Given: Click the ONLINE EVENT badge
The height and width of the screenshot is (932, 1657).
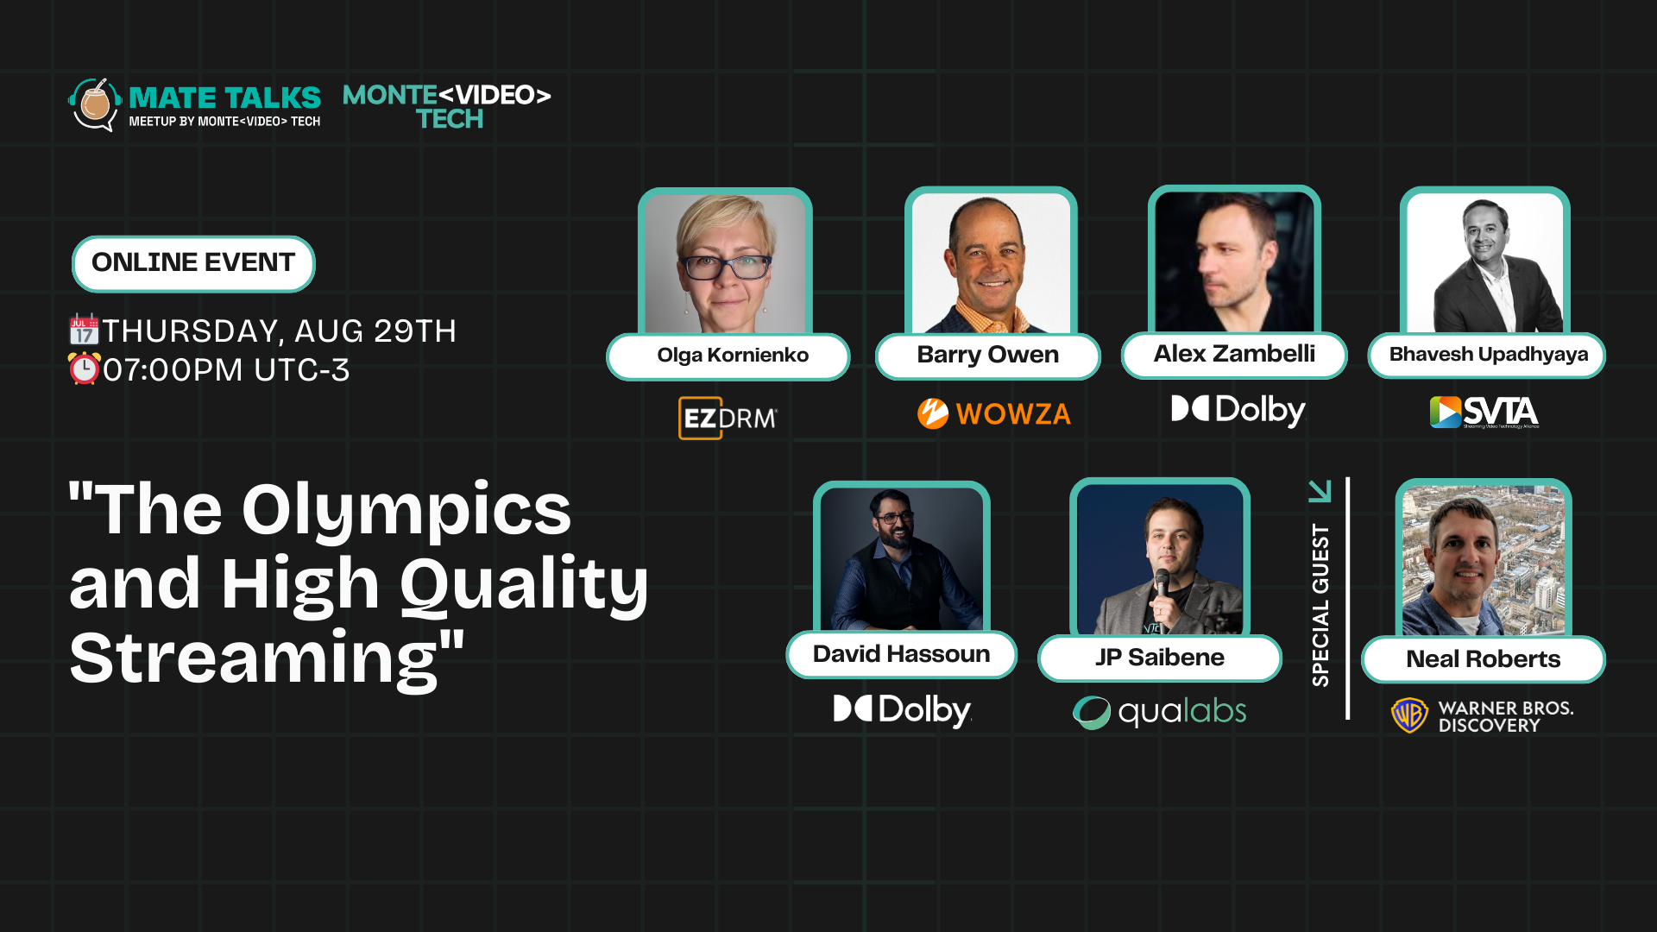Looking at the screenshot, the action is point(193,263).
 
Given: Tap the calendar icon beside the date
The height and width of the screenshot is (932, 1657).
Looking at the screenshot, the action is point(84,330).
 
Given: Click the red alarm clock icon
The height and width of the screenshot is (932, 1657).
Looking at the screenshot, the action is point(85,368).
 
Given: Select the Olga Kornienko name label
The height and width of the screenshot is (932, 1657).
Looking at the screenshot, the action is point(728,356).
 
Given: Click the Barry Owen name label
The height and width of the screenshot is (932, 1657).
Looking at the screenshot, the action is point(988,356).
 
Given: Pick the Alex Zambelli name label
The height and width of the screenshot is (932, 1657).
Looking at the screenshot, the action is point(1234,355).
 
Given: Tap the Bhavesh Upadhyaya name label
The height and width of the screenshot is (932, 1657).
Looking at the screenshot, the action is point(1487,355).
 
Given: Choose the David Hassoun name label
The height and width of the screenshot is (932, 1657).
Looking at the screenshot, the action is point(902,654).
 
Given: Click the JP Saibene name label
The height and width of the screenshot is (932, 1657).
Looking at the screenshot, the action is point(1160,658).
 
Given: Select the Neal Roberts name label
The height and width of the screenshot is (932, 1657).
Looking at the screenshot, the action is point(1484,659).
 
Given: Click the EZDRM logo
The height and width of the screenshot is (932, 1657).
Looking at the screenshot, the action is point(728,418).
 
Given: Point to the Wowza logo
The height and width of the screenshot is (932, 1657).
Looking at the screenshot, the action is point(994,413).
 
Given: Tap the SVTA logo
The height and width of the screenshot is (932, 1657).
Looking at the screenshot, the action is point(1484,412).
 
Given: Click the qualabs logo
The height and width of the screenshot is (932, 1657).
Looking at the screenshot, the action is point(1159,712).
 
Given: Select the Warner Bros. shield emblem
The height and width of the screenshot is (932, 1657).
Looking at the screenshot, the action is point(1410,715).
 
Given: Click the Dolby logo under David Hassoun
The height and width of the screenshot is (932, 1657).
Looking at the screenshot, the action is point(903,710).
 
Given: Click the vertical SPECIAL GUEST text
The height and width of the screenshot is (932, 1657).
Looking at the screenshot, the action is point(1320,605).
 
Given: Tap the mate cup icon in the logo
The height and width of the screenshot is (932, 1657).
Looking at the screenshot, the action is point(96,103).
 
